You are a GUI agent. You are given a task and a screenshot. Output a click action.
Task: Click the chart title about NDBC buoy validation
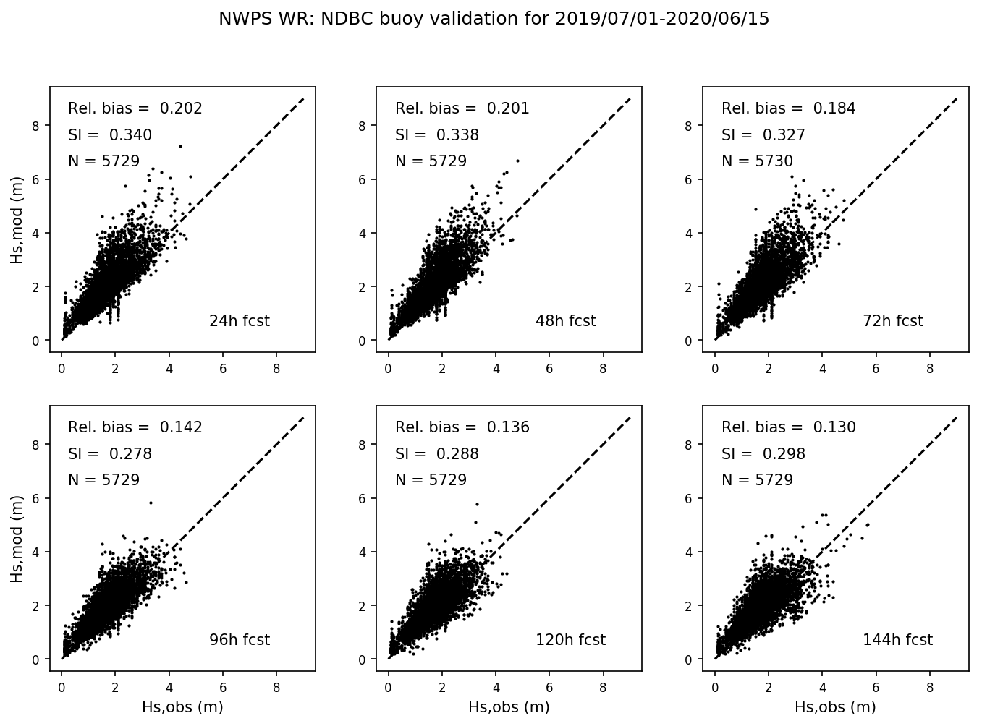point(494,19)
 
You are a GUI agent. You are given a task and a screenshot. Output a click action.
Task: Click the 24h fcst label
point(239,321)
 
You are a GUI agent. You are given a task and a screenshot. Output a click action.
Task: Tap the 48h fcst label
point(565,321)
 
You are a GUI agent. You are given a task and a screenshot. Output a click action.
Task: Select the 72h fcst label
point(892,321)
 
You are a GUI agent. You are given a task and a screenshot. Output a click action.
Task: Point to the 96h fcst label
point(239,640)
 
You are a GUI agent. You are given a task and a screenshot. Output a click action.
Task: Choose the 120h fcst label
point(570,640)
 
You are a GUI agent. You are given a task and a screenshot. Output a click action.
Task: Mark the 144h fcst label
point(897,640)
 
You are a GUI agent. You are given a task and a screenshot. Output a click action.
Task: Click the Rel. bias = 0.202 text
point(135,108)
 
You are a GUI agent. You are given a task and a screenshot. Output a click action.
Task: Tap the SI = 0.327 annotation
point(763,135)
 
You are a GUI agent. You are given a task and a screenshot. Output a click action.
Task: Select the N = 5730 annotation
point(757,161)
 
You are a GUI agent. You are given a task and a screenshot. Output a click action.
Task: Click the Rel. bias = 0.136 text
point(462,427)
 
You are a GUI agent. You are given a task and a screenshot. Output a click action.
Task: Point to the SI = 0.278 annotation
point(110,454)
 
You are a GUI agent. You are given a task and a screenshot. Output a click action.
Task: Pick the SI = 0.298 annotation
point(763,454)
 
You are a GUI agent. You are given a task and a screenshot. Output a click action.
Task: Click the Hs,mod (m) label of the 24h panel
point(17,219)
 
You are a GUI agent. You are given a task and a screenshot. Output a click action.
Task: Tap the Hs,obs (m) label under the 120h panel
point(509,707)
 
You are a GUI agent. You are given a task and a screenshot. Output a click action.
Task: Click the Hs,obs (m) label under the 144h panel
point(835,707)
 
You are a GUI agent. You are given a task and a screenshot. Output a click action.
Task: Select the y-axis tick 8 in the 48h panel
point(363,126)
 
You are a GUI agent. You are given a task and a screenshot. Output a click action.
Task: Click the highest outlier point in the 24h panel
point(180,146)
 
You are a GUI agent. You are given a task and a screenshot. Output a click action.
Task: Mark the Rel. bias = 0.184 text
point(788,108)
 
